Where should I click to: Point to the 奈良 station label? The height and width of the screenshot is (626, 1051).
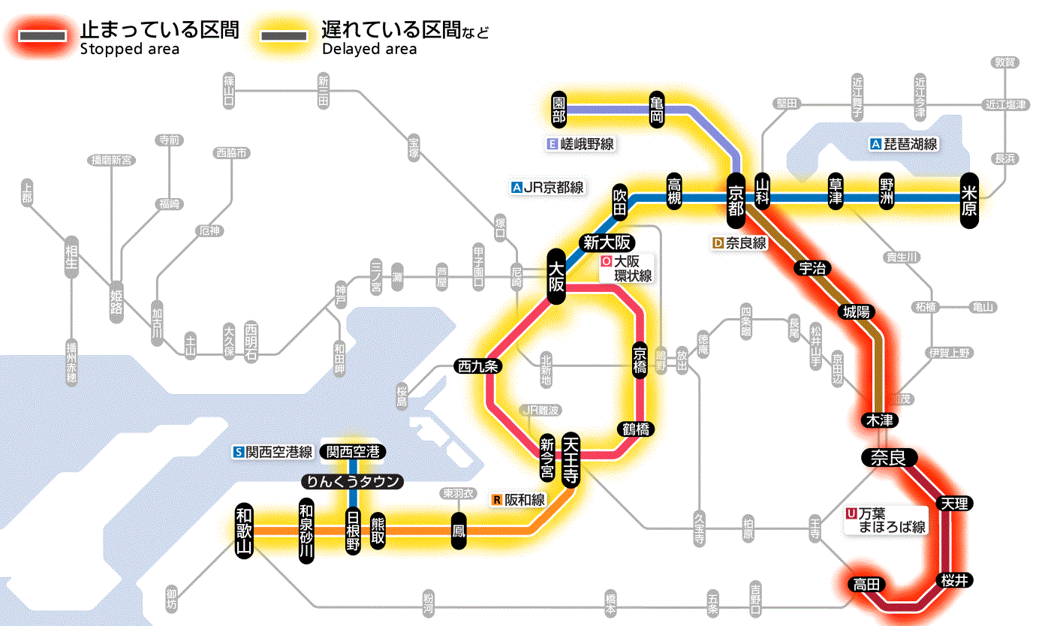pos(888,456)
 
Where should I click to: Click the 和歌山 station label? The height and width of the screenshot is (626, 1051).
pos(245,531)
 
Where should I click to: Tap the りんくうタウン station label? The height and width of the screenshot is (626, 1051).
pos(351,481)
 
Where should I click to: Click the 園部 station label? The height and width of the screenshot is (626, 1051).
pos(558,110)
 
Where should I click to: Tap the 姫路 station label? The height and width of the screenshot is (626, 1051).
pos(116,302)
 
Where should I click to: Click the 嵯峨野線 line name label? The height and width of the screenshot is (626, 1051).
pos(581,144)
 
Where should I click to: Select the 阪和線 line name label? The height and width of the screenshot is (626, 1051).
pos(519,499)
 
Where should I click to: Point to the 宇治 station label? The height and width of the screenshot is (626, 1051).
pos(812,268)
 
